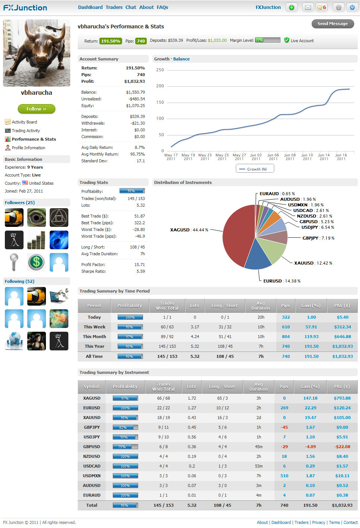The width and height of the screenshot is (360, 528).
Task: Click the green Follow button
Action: coord(36,109)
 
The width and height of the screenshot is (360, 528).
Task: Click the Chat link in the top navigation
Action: coord(131,7)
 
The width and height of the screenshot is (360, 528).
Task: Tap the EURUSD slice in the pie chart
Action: coord(258,257)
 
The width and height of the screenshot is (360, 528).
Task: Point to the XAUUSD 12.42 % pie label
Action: coord(313,263)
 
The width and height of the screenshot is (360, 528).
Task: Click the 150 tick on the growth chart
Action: coord(160,102)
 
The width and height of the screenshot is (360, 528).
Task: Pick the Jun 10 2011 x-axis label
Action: coord(307,157)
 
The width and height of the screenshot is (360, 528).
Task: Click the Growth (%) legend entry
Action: coord(255,169)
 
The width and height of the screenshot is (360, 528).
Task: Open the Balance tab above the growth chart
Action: coord(181,59)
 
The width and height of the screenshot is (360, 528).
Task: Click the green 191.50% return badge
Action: coord(111,41)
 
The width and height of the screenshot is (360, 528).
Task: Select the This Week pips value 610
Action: coord(286,327)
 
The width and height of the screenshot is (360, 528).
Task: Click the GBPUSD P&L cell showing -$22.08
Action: coord(342,447)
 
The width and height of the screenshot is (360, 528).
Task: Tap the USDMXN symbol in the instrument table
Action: coord(91,476)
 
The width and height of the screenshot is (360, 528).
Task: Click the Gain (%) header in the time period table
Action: coord(311,306)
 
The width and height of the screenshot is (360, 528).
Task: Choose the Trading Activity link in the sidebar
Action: coord(26,131)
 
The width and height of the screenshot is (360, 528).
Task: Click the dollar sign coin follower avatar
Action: coord(37,262)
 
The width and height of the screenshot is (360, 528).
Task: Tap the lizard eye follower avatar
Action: coord(37,218)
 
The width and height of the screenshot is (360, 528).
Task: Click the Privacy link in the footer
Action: coord(319,522)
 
